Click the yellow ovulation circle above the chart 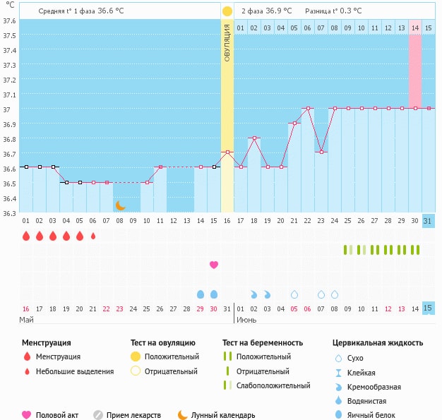pos(227,11)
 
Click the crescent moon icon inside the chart pos(121,205)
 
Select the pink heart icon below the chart pos(214,265)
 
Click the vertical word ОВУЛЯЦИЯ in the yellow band pos(227,42)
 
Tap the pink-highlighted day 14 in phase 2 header pos(415,28)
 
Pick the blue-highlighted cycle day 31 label pos(428,221)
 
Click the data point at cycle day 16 pos(227,152)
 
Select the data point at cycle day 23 pos(321,152)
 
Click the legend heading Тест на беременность pos(262,343)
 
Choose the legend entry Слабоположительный pos(273,385)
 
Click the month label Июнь pos(246,320)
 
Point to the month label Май pos(26,320)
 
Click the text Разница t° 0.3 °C pos(333,11)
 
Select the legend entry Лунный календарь pos(222,415)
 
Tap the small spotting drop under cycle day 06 pos(93,236)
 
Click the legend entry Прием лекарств pos(133,415)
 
